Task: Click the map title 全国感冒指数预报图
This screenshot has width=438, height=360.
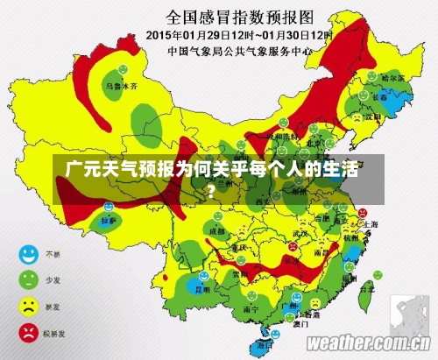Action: pos(240,16)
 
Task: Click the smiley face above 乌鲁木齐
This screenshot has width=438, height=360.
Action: pos(123,69)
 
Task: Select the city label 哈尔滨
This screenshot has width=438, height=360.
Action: pos(397,78)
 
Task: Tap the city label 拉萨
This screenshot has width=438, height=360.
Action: pos(107,222)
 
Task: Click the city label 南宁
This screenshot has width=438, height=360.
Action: pos(251,308)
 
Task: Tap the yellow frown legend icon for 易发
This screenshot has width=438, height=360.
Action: pos(29,307)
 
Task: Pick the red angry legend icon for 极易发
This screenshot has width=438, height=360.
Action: pos(29,333)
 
